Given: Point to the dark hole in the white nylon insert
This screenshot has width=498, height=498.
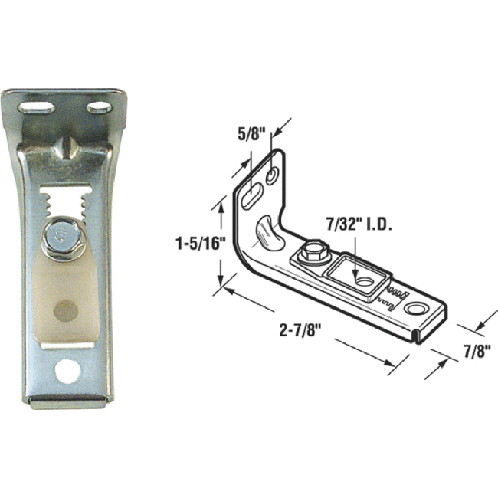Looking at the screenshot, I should [x=67, y=310].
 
